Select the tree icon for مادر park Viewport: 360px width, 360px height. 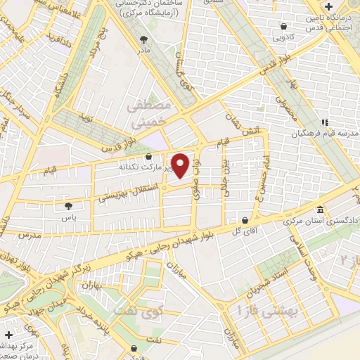(x=145, y=39)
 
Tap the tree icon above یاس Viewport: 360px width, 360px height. (x=68, y=206)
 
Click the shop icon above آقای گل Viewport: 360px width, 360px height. (x=245, y=219)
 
